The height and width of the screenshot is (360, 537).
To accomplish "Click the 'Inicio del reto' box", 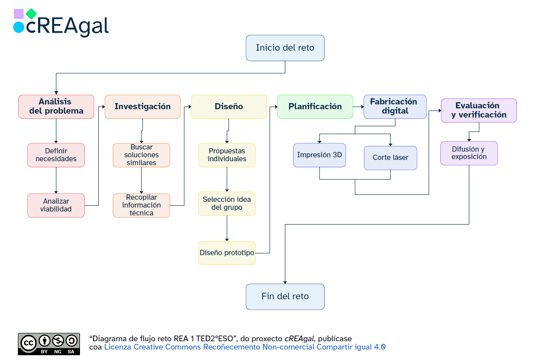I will pyautogui.click(x=285, y=48).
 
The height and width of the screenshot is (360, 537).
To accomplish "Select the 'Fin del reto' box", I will pyautogui.click(x=285, y=297).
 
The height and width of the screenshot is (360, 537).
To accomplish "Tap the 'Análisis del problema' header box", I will pyautogui.click(x=56, y=107).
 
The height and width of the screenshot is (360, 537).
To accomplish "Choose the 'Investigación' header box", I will pyautogui.click(x=142, y=107).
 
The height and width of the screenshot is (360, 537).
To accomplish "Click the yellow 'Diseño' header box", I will pyautogui.click(x=229, y=107).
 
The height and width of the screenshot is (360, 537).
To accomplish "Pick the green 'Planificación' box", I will pyautogui.click(x=315, y=107).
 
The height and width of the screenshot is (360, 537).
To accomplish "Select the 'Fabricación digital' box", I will pyautogui.click(x=395, y=107).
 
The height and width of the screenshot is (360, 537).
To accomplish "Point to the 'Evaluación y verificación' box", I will pyautogui.click(x=478, y=111).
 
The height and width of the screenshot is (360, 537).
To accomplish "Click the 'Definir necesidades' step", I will pyautogui.click(x=56, y=155).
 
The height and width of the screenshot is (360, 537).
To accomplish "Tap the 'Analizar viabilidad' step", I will pyautogui.click(x=56, y=205).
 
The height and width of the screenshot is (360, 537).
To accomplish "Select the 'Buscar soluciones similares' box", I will pyautogui.click(x=141, y=155).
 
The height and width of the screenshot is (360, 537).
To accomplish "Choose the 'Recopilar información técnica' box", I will pyautogui.click(x=141, y=205).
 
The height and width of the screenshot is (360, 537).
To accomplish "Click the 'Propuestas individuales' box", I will pyautogui.click(x=227, y=155).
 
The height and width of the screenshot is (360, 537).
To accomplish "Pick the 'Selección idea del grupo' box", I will pyautogui.click(x=227, y=204).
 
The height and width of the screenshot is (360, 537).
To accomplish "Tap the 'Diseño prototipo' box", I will pyautogui.click(x=227, y=253).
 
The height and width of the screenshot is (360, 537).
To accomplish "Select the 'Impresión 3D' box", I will pyautogui.click(x=319, y=155).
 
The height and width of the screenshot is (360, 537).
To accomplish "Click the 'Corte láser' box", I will pyautogui.click(x=390, y=158).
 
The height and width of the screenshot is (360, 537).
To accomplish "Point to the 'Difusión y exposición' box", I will pyautogui.click(x=469, y=153).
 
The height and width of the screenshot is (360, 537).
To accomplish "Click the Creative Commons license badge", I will pyautogui.click(x=48, y=344).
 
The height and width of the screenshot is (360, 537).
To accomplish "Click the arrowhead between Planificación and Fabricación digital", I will pyautogui.click(x=362, y=107).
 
